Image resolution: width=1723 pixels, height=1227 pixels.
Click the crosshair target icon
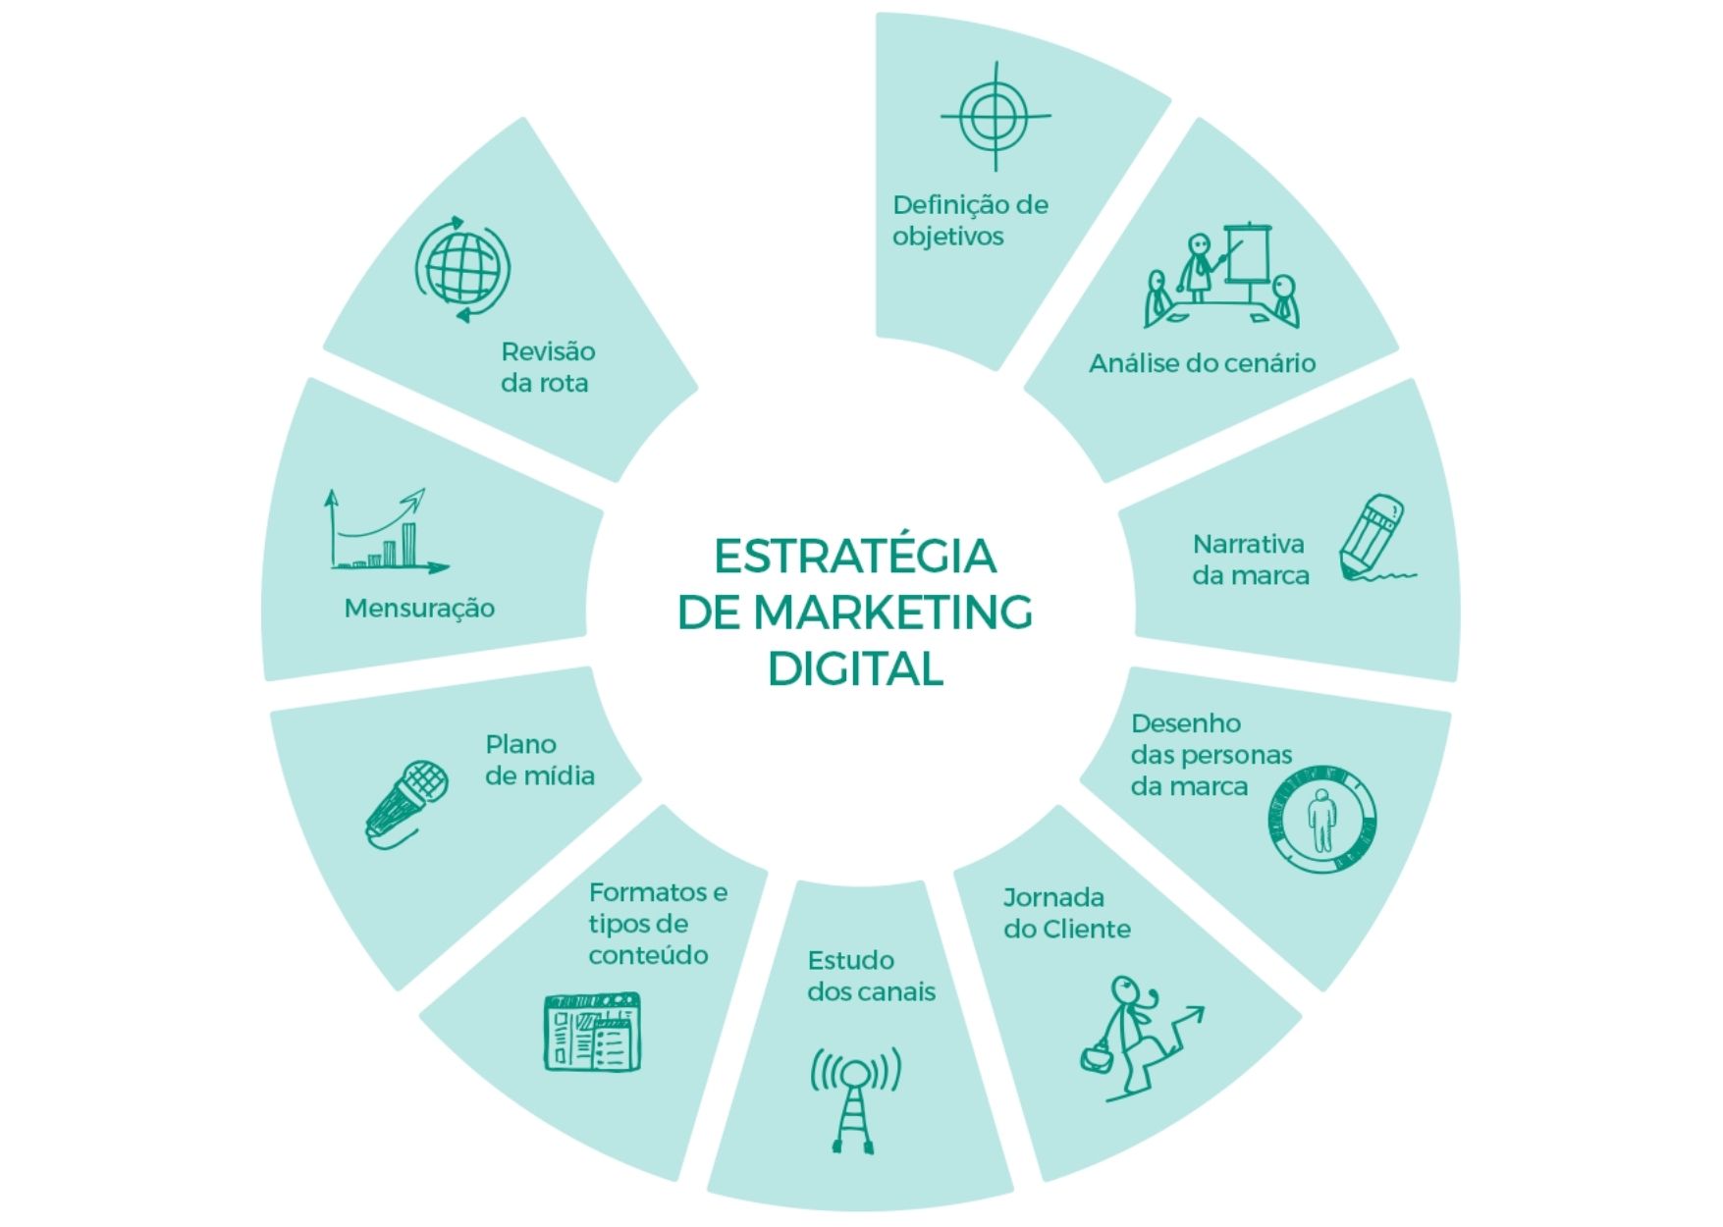point(996,117)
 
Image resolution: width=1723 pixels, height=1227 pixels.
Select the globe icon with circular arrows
point(462,268)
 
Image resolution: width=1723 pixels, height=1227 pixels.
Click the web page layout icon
point(593,1032)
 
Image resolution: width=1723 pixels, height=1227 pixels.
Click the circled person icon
point(1321,819)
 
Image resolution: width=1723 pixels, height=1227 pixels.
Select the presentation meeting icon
point(1222,275)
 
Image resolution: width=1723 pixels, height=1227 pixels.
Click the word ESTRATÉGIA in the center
point(854,556)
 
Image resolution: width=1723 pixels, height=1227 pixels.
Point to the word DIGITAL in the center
point(855,668)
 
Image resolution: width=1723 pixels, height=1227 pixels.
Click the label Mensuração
point(419,609)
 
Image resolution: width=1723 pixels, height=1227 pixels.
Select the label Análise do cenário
point(1202,363)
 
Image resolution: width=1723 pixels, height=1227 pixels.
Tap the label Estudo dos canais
point(871,976)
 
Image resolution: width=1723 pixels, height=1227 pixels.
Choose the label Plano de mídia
point(540,760)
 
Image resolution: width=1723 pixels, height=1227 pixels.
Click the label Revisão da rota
point(548,367)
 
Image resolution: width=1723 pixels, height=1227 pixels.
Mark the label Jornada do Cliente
point(1067,913)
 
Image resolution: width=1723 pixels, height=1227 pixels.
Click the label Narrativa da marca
point(1251,560)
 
